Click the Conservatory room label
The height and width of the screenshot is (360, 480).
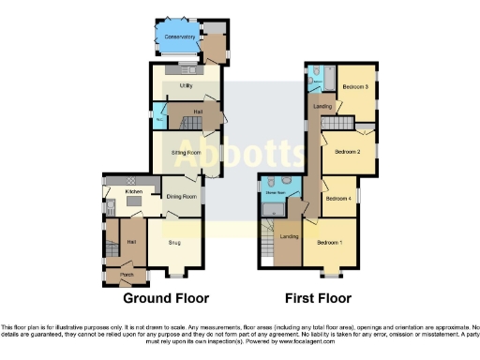click(179, 37)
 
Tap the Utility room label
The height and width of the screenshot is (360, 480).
click(173, 85)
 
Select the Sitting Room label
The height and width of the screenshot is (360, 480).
click(186, 152)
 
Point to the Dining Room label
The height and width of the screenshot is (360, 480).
click(181, 197)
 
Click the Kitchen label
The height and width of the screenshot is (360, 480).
click(133, 191)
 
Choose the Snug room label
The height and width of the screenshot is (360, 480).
click(174, 242)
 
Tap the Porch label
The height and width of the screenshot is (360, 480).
click(126, 275)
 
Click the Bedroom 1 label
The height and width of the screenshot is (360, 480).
click(329, 242)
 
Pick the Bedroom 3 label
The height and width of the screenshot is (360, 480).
click(353, 87)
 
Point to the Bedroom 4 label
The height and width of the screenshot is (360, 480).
click(337, 198)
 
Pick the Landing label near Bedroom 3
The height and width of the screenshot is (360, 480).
click(322, 106)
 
